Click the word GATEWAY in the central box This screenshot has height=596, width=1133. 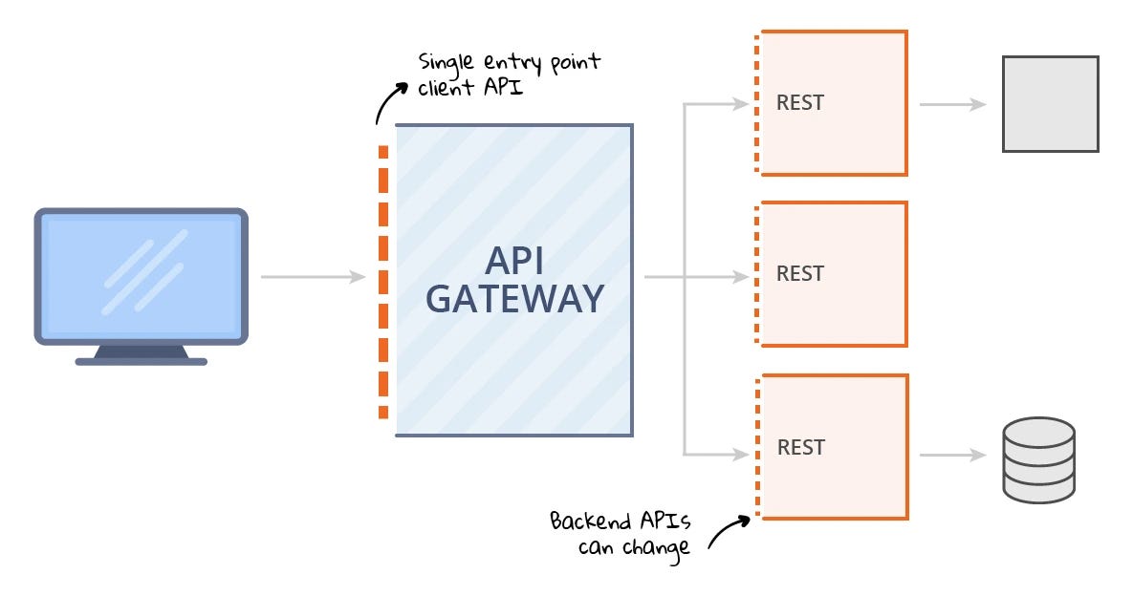click(514, 298)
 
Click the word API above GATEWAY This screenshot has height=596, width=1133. click(514, 259)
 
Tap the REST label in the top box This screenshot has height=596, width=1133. click(800, 103)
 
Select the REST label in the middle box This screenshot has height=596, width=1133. click(800, 274)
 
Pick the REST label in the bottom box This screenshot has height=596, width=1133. click(800, 447)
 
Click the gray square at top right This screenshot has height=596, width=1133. click(1050, 104)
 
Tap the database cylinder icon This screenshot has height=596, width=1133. click(1038, 460)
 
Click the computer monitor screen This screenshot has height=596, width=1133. click(142, 274)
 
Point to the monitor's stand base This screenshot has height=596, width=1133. click(142, 360)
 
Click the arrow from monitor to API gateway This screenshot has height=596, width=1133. click(313, 277)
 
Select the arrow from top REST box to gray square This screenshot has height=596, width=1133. click(952, 104)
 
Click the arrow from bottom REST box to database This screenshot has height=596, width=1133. click(952, 456)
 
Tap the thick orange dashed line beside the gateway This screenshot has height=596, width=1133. click(383, 283)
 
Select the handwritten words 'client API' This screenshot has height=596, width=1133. click(468, 89)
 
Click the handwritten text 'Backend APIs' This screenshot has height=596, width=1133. click(618, 522)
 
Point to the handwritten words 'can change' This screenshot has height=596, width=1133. click(633, 550)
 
